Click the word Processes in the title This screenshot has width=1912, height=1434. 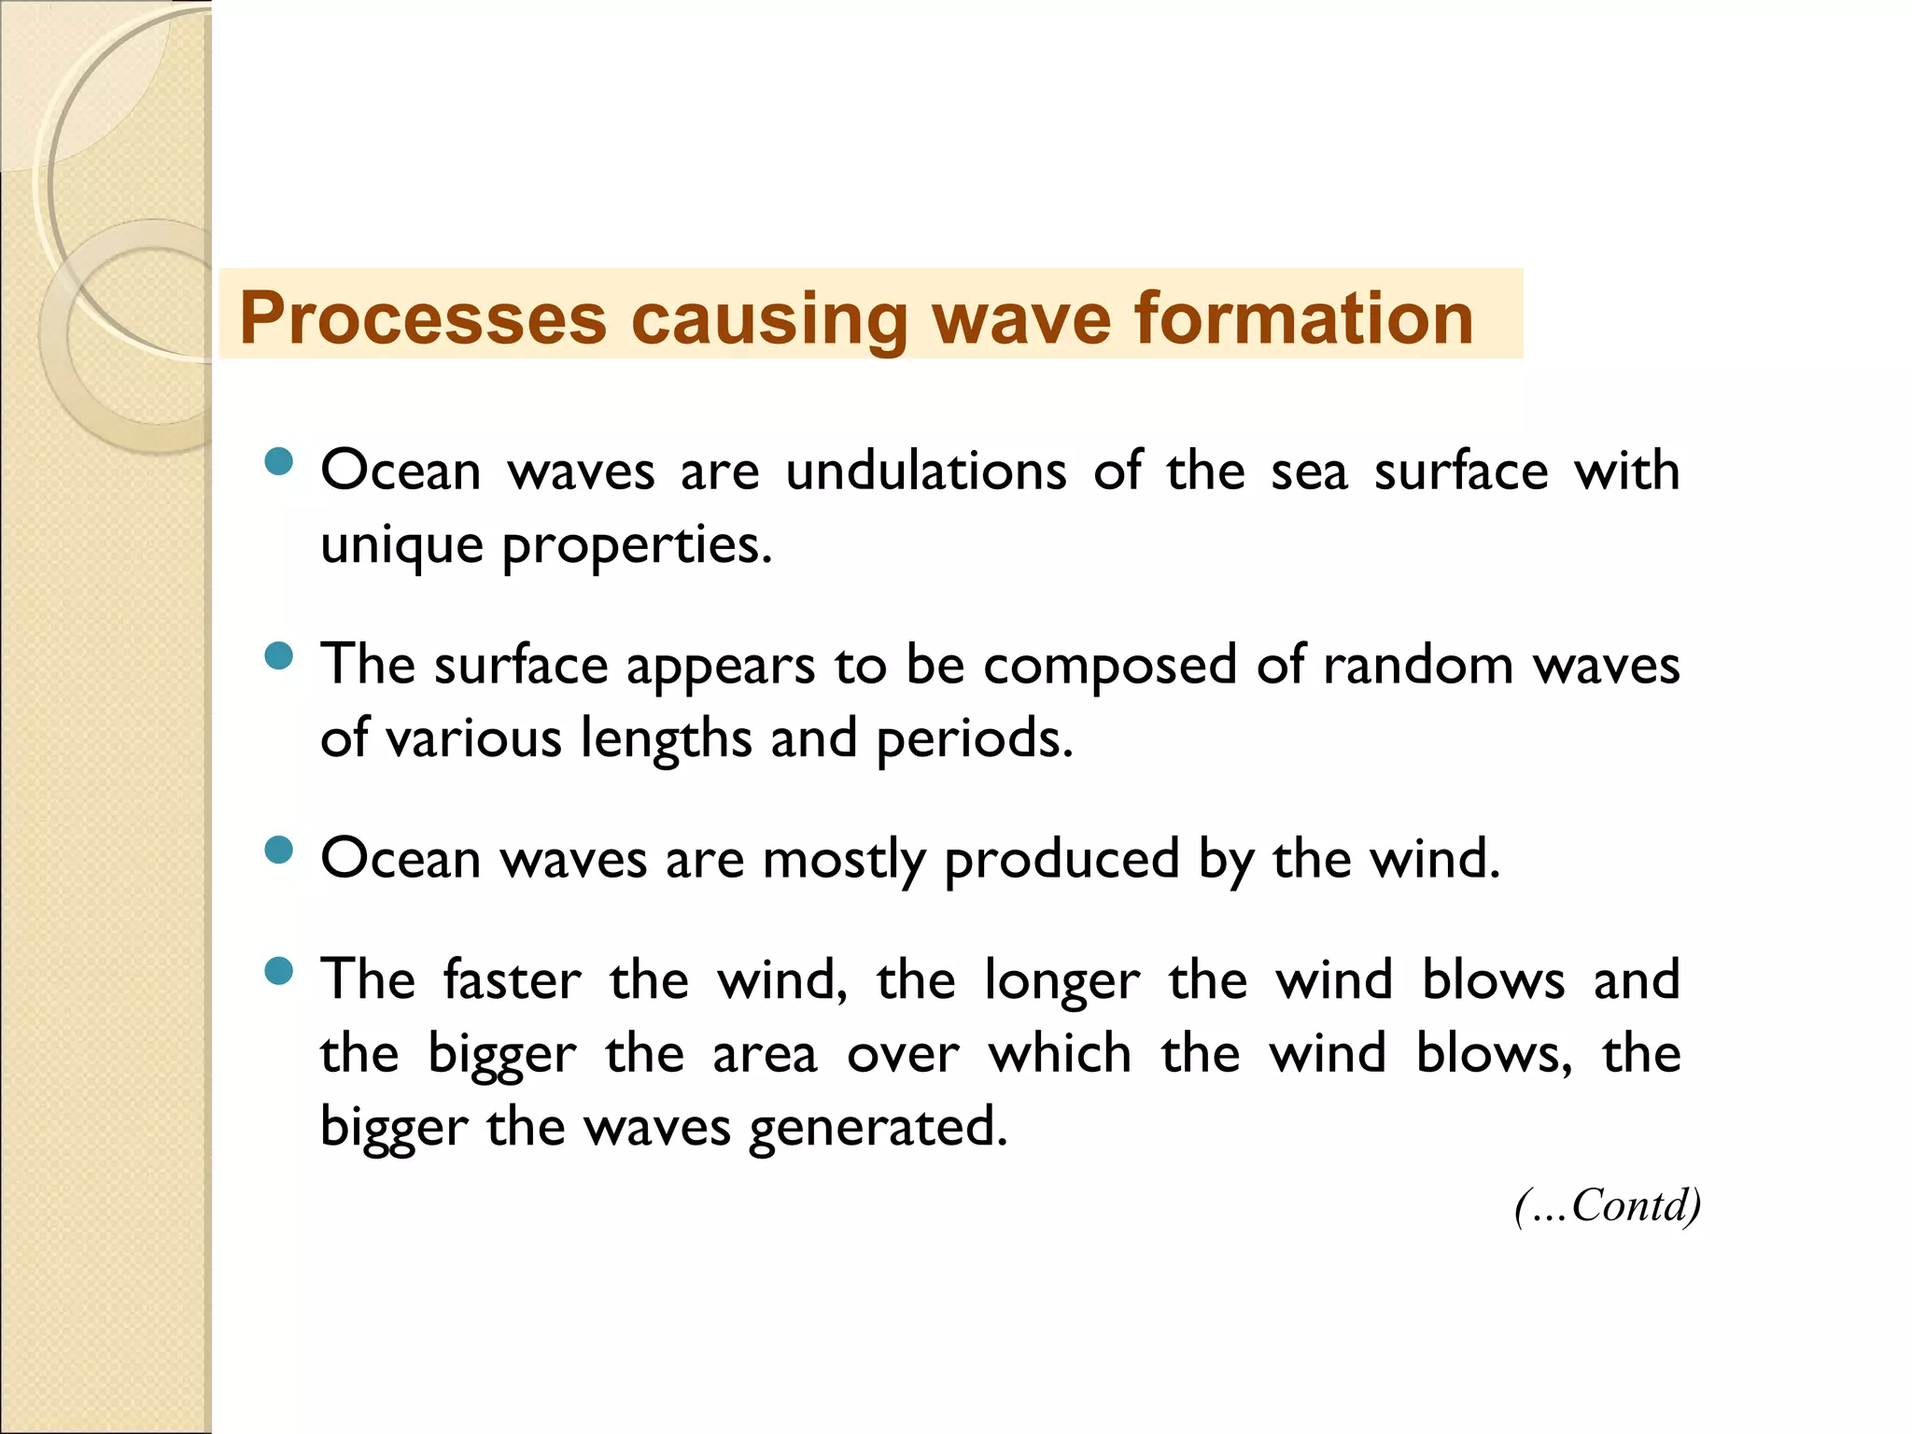click(422, 318)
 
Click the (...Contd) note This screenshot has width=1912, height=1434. click(1607, 1205)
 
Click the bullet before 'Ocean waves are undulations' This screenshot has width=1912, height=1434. click(278, 461)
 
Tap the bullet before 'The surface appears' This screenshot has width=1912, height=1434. click(278, 655)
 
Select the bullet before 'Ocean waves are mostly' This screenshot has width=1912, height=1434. click(278, 850)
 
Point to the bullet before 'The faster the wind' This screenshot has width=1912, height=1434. click(278, 971)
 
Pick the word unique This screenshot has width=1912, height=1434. click(401, 545)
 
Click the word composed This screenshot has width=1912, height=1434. click(1110, 667)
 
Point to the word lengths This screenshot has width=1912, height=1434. click(666, 739)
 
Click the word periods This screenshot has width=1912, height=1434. click(974, 739)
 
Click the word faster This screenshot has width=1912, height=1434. click(512, 980)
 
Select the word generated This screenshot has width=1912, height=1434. click(878, 1128)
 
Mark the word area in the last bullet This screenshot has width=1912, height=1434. click(765, 1055)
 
